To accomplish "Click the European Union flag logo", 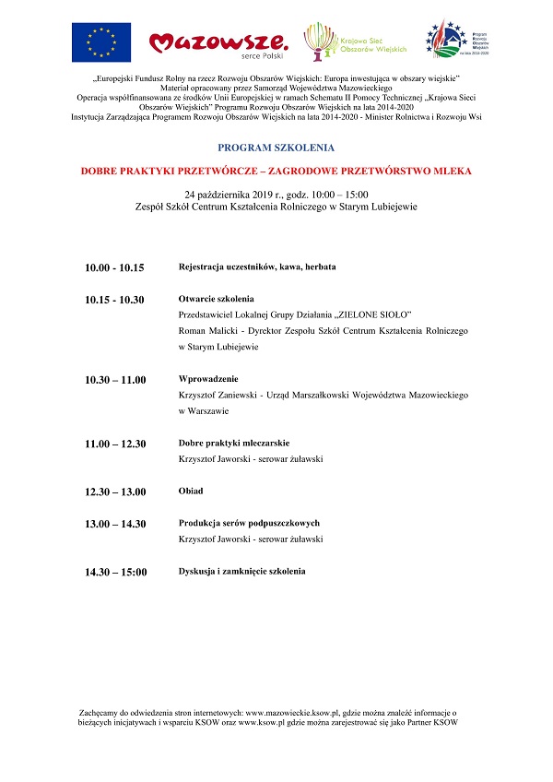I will [100, 41].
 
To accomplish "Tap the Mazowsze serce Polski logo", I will [218, 41].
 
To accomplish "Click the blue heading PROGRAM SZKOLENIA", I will [276, 148].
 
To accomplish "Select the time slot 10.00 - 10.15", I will [114, 267].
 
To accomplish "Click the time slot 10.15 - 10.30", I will [114, 300].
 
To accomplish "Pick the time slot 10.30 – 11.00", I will [115, 380].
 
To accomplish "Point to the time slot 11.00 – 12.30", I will [115, 444].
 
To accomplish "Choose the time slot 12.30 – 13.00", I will [115, 492].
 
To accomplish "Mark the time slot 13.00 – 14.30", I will [115, 524].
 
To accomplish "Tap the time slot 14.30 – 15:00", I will [115, 572].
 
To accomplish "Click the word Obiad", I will [191, 491].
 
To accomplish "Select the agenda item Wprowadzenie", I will [208, 379].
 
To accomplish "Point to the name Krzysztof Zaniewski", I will [218, 395].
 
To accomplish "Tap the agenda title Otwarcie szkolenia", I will [216, 299].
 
